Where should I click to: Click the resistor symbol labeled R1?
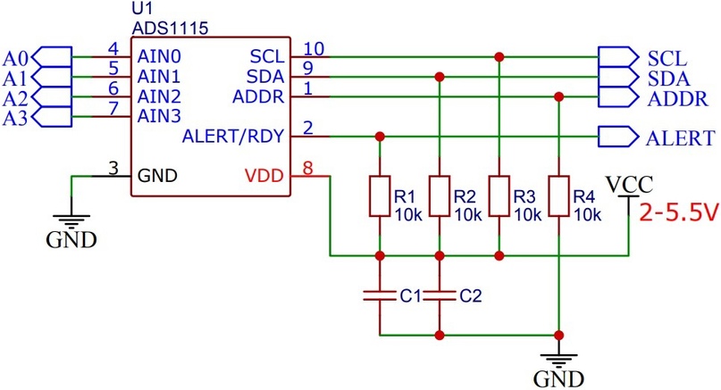pos(380,196)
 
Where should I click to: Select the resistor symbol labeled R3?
pos(499,196)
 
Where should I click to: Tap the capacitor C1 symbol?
pos(380,295)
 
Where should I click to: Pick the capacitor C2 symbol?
pos(440,295)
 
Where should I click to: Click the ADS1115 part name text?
pos(170,29)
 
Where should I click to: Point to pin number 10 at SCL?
pos(314,49)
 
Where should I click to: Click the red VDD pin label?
pos(264,176)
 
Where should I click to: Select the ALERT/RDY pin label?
pos(233,137)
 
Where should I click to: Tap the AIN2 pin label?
pos(159,97)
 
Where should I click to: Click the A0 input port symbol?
pos(54,57)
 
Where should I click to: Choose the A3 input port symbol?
pos(54,117)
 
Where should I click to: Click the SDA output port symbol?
pos(618,77)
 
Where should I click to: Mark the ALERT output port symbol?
pos(618,137)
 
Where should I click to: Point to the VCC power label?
pos(629,185)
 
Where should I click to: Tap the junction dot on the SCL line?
pos(499,57)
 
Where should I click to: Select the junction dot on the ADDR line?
pos(558,97)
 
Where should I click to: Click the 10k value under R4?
pos(587,214)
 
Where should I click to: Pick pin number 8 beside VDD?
pos(307,168)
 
